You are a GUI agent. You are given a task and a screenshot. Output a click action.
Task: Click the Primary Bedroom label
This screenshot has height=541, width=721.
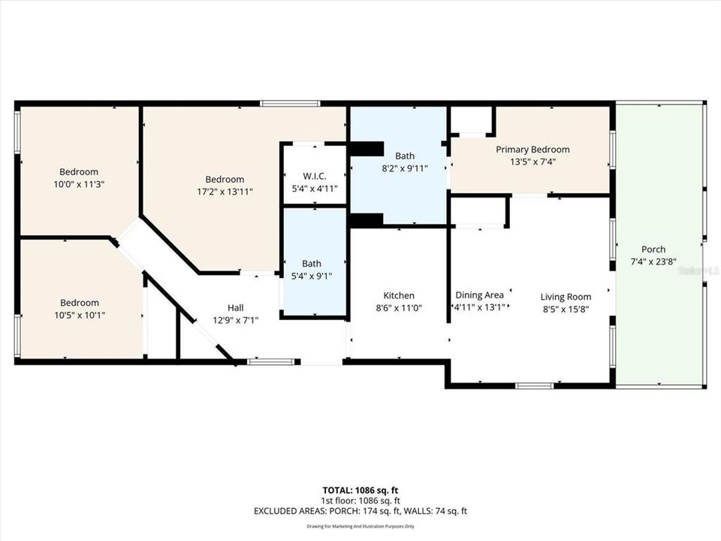pos(532,150)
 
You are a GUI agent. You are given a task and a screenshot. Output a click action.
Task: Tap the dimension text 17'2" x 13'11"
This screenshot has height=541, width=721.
pos(225,192)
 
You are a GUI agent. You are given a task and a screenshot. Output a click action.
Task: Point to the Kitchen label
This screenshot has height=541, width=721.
pos(398,295)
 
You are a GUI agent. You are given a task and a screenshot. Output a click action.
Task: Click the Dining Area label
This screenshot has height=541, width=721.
pos(479,295)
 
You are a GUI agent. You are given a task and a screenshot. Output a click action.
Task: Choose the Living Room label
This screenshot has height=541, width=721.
pos(566,297)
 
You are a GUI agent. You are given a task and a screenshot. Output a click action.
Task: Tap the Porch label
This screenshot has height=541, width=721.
pos(653,249)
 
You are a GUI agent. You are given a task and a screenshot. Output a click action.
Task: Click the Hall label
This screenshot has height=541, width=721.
pos(236,307)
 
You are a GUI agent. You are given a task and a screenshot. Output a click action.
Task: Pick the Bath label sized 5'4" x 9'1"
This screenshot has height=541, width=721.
pos(312,264)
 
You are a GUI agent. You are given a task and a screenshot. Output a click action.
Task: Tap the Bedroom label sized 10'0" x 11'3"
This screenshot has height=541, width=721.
pos(79,172)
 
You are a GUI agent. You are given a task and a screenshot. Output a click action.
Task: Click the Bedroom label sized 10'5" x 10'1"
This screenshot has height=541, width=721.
pos(80,303)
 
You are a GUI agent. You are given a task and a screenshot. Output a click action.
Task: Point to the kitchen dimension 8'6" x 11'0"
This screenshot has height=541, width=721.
pos(398,307)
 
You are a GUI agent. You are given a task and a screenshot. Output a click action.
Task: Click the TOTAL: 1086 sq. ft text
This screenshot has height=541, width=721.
pos(360,488)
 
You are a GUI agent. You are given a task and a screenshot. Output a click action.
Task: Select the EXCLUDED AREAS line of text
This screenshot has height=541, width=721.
pos(360,511)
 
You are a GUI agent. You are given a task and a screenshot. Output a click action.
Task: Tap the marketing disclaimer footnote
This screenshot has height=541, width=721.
pos(360,526)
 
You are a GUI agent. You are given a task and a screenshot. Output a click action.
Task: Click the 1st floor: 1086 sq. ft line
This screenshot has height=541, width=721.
pos(360,500)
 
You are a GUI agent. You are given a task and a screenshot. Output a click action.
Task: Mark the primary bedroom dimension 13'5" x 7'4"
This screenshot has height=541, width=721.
pos(532,161)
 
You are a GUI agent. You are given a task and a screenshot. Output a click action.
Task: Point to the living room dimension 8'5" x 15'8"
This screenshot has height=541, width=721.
pos(566,308)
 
